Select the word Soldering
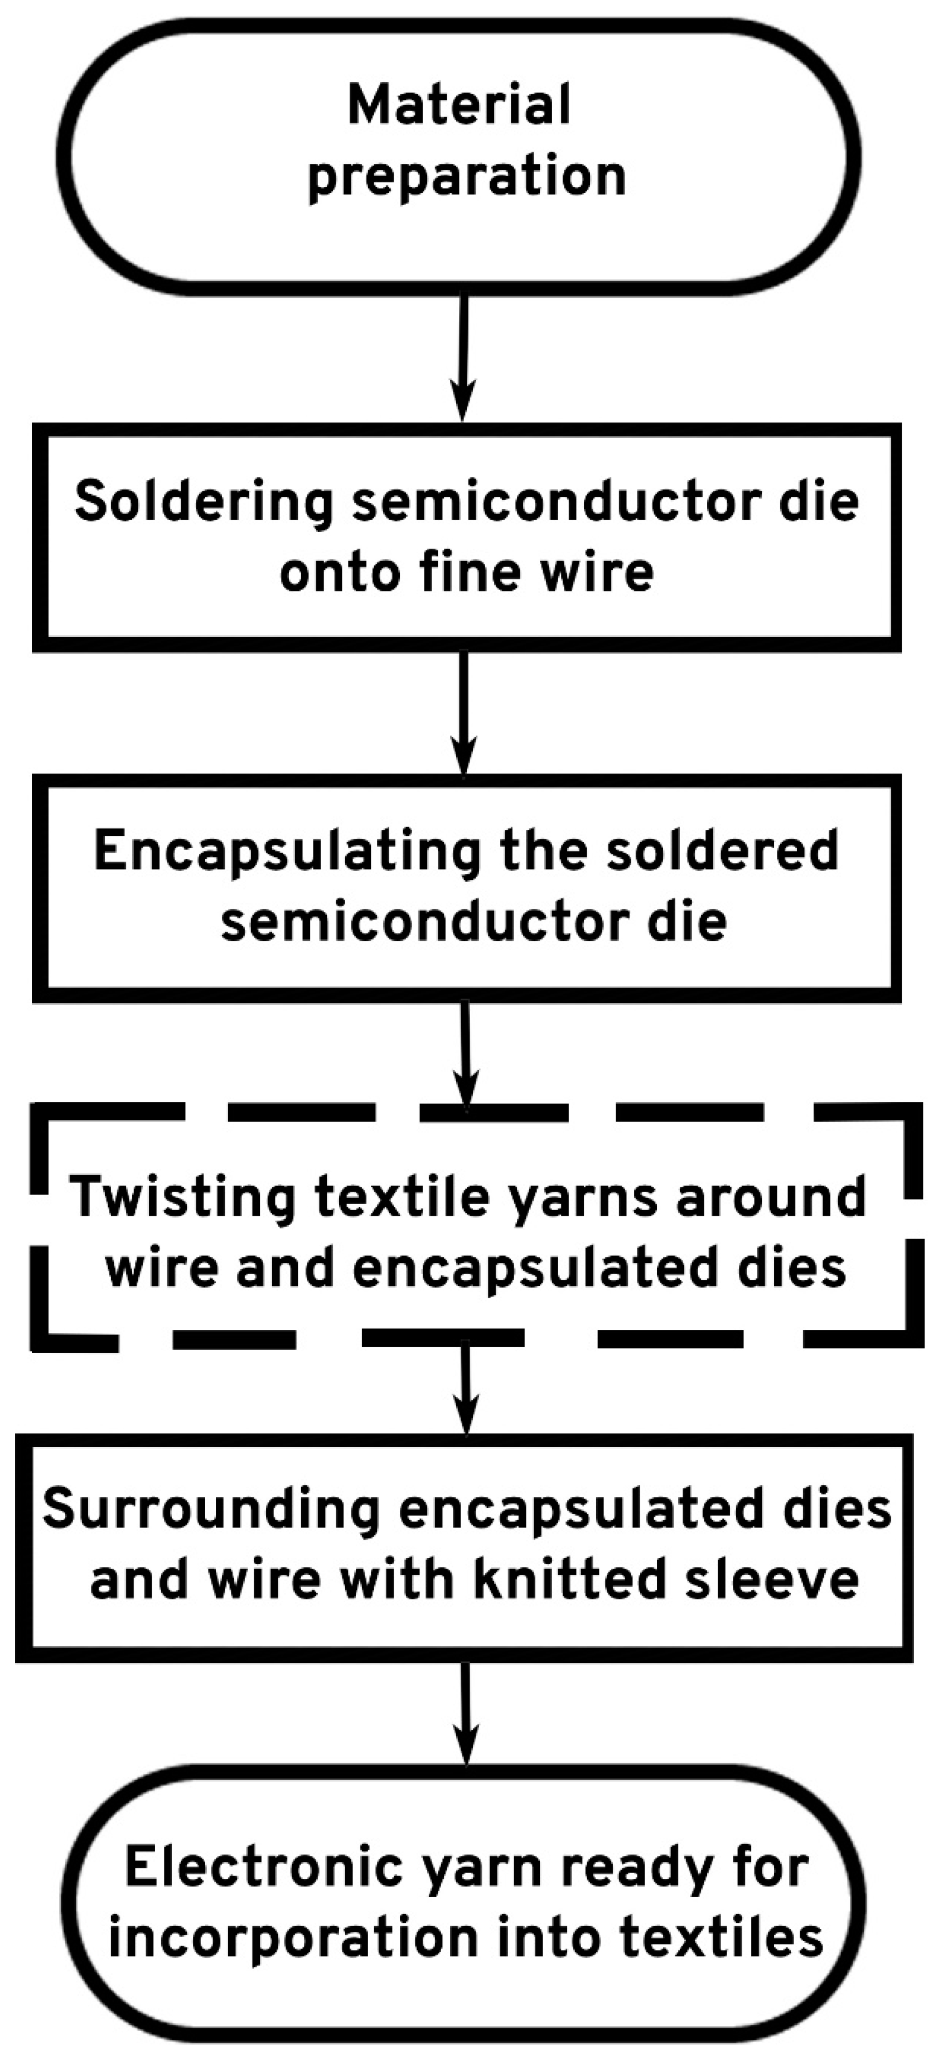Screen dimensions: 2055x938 click(x=204, y=502)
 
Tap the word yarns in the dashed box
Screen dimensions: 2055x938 click(x=584, y=1198)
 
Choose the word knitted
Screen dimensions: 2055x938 click(x=569, y=1579)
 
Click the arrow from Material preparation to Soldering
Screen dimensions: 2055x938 click(x=463, y=359)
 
